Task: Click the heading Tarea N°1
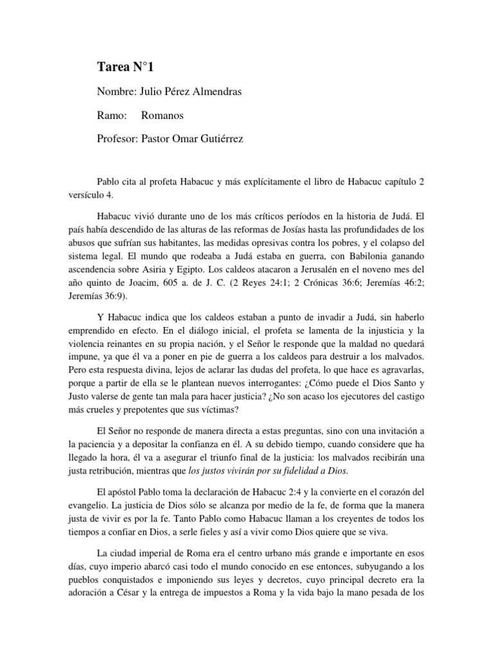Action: point(125,67)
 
